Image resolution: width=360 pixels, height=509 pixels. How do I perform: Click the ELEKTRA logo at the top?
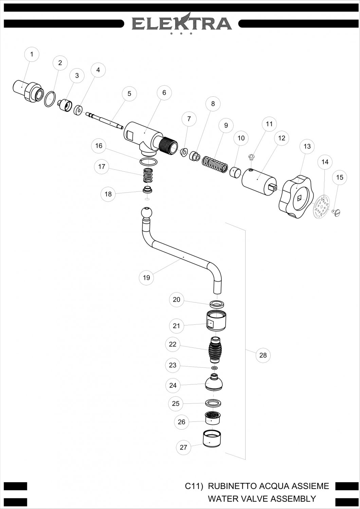(x=182, y=23)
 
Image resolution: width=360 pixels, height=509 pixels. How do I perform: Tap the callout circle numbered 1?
(x=32, y=54)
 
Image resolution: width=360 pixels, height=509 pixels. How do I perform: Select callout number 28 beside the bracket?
(x=263, y=355)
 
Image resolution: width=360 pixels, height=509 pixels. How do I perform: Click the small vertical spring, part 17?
(x=148, y=175)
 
